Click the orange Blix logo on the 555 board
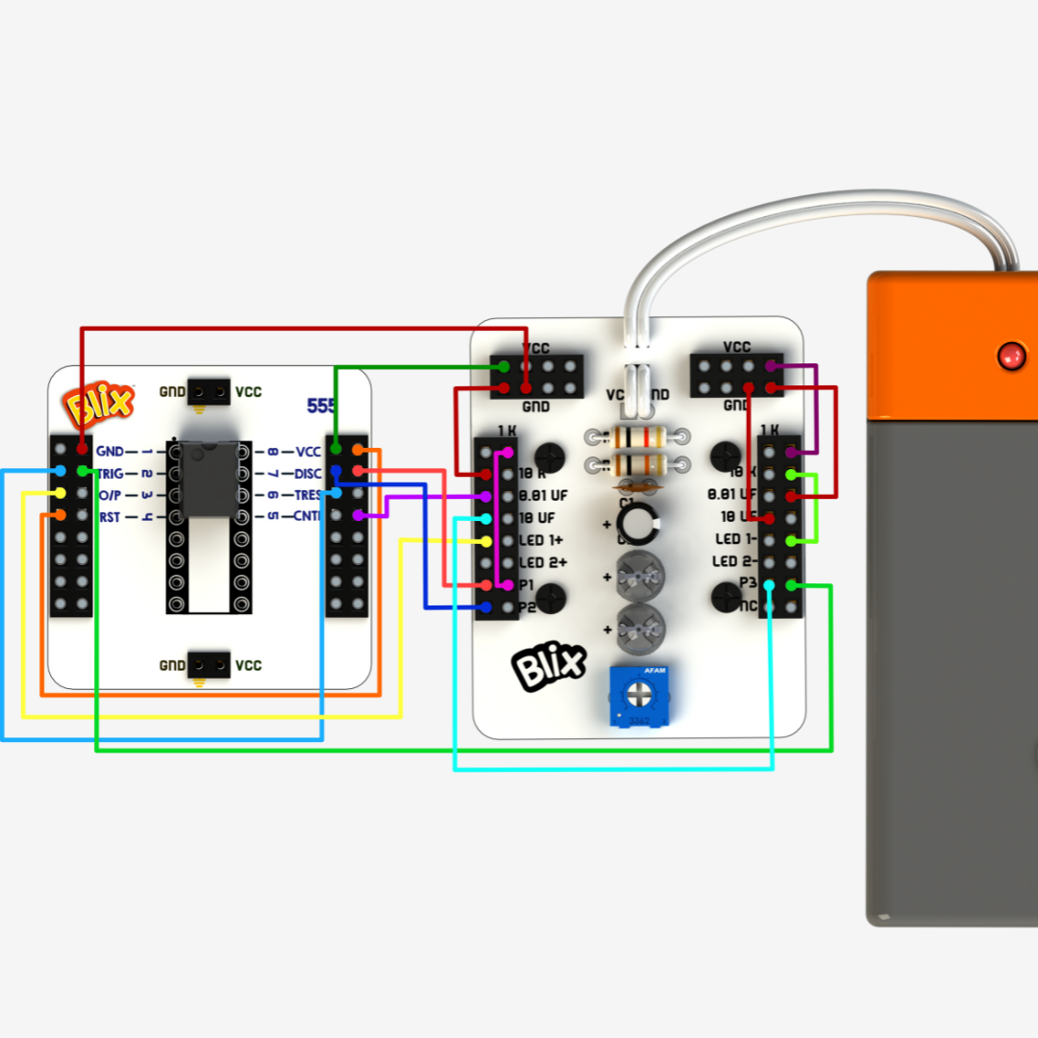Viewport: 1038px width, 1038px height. pos(99,405)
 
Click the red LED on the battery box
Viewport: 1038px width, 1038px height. pos(1010,356)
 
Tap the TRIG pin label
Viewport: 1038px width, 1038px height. pos(111,473)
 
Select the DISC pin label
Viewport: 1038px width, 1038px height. pos(308,473)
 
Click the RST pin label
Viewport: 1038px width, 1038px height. pos(110,517)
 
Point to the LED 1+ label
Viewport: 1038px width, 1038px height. pos(541,540)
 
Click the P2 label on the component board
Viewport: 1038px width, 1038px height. pos(527,607)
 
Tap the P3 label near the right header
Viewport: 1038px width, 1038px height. pos(748,583)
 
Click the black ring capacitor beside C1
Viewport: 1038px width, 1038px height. pos(636,523)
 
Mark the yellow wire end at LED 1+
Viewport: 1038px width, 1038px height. pos(486,541)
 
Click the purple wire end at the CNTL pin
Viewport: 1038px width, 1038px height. pos(358,515)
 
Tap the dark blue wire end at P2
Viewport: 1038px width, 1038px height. pos(486,607)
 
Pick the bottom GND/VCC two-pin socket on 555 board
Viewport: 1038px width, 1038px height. pos(209,664)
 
